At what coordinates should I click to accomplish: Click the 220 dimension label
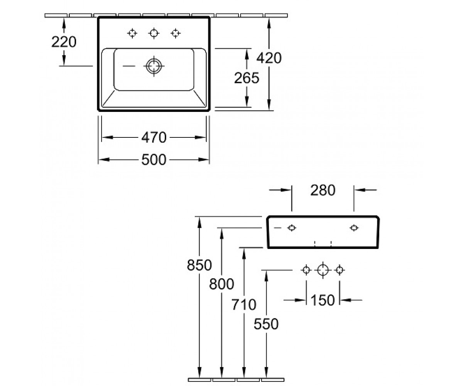pos(64,42)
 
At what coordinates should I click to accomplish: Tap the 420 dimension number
pos(269,58)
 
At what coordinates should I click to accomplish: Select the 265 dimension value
pos(247,78)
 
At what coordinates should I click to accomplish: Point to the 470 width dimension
pos(154,137)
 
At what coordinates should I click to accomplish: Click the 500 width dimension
pos(154,159)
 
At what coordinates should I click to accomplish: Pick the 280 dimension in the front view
pos(323,190)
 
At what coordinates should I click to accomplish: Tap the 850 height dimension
pos(199,265)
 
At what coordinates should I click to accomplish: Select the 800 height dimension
pos(221,284)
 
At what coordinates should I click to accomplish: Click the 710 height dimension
pos(244,304)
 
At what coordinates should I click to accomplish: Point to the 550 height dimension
pos(266,324)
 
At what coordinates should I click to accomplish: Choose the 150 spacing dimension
pos(323,300)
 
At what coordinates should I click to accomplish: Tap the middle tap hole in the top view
pos(154,33)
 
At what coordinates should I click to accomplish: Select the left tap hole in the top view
pos(132,33)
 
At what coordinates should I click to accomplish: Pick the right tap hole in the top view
pos(176,33)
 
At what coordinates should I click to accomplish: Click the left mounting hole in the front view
pos(292,228)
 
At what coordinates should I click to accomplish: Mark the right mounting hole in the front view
pos(354,228)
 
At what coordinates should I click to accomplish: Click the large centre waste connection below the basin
pos(323,270)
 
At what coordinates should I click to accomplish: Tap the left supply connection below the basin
pos(306,270)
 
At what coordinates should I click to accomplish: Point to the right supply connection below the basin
pos(340,270)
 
